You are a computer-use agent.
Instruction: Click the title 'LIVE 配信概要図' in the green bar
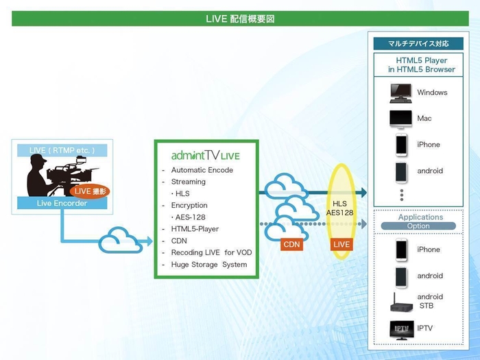[x=240, y=19]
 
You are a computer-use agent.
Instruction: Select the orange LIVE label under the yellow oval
[x=341, y=244]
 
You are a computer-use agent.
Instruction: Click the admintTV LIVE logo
[x=205, y=156]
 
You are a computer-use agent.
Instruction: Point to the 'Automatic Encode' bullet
[x=202, y=170]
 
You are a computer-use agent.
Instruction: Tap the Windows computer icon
[x=401, y=92]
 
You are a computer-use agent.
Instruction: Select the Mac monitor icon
[x=401, y=119]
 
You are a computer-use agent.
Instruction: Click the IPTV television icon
[x=401, y=328]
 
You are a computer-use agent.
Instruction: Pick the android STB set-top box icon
[x=401, y=301]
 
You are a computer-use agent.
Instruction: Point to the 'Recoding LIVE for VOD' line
[x=211, y=252]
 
